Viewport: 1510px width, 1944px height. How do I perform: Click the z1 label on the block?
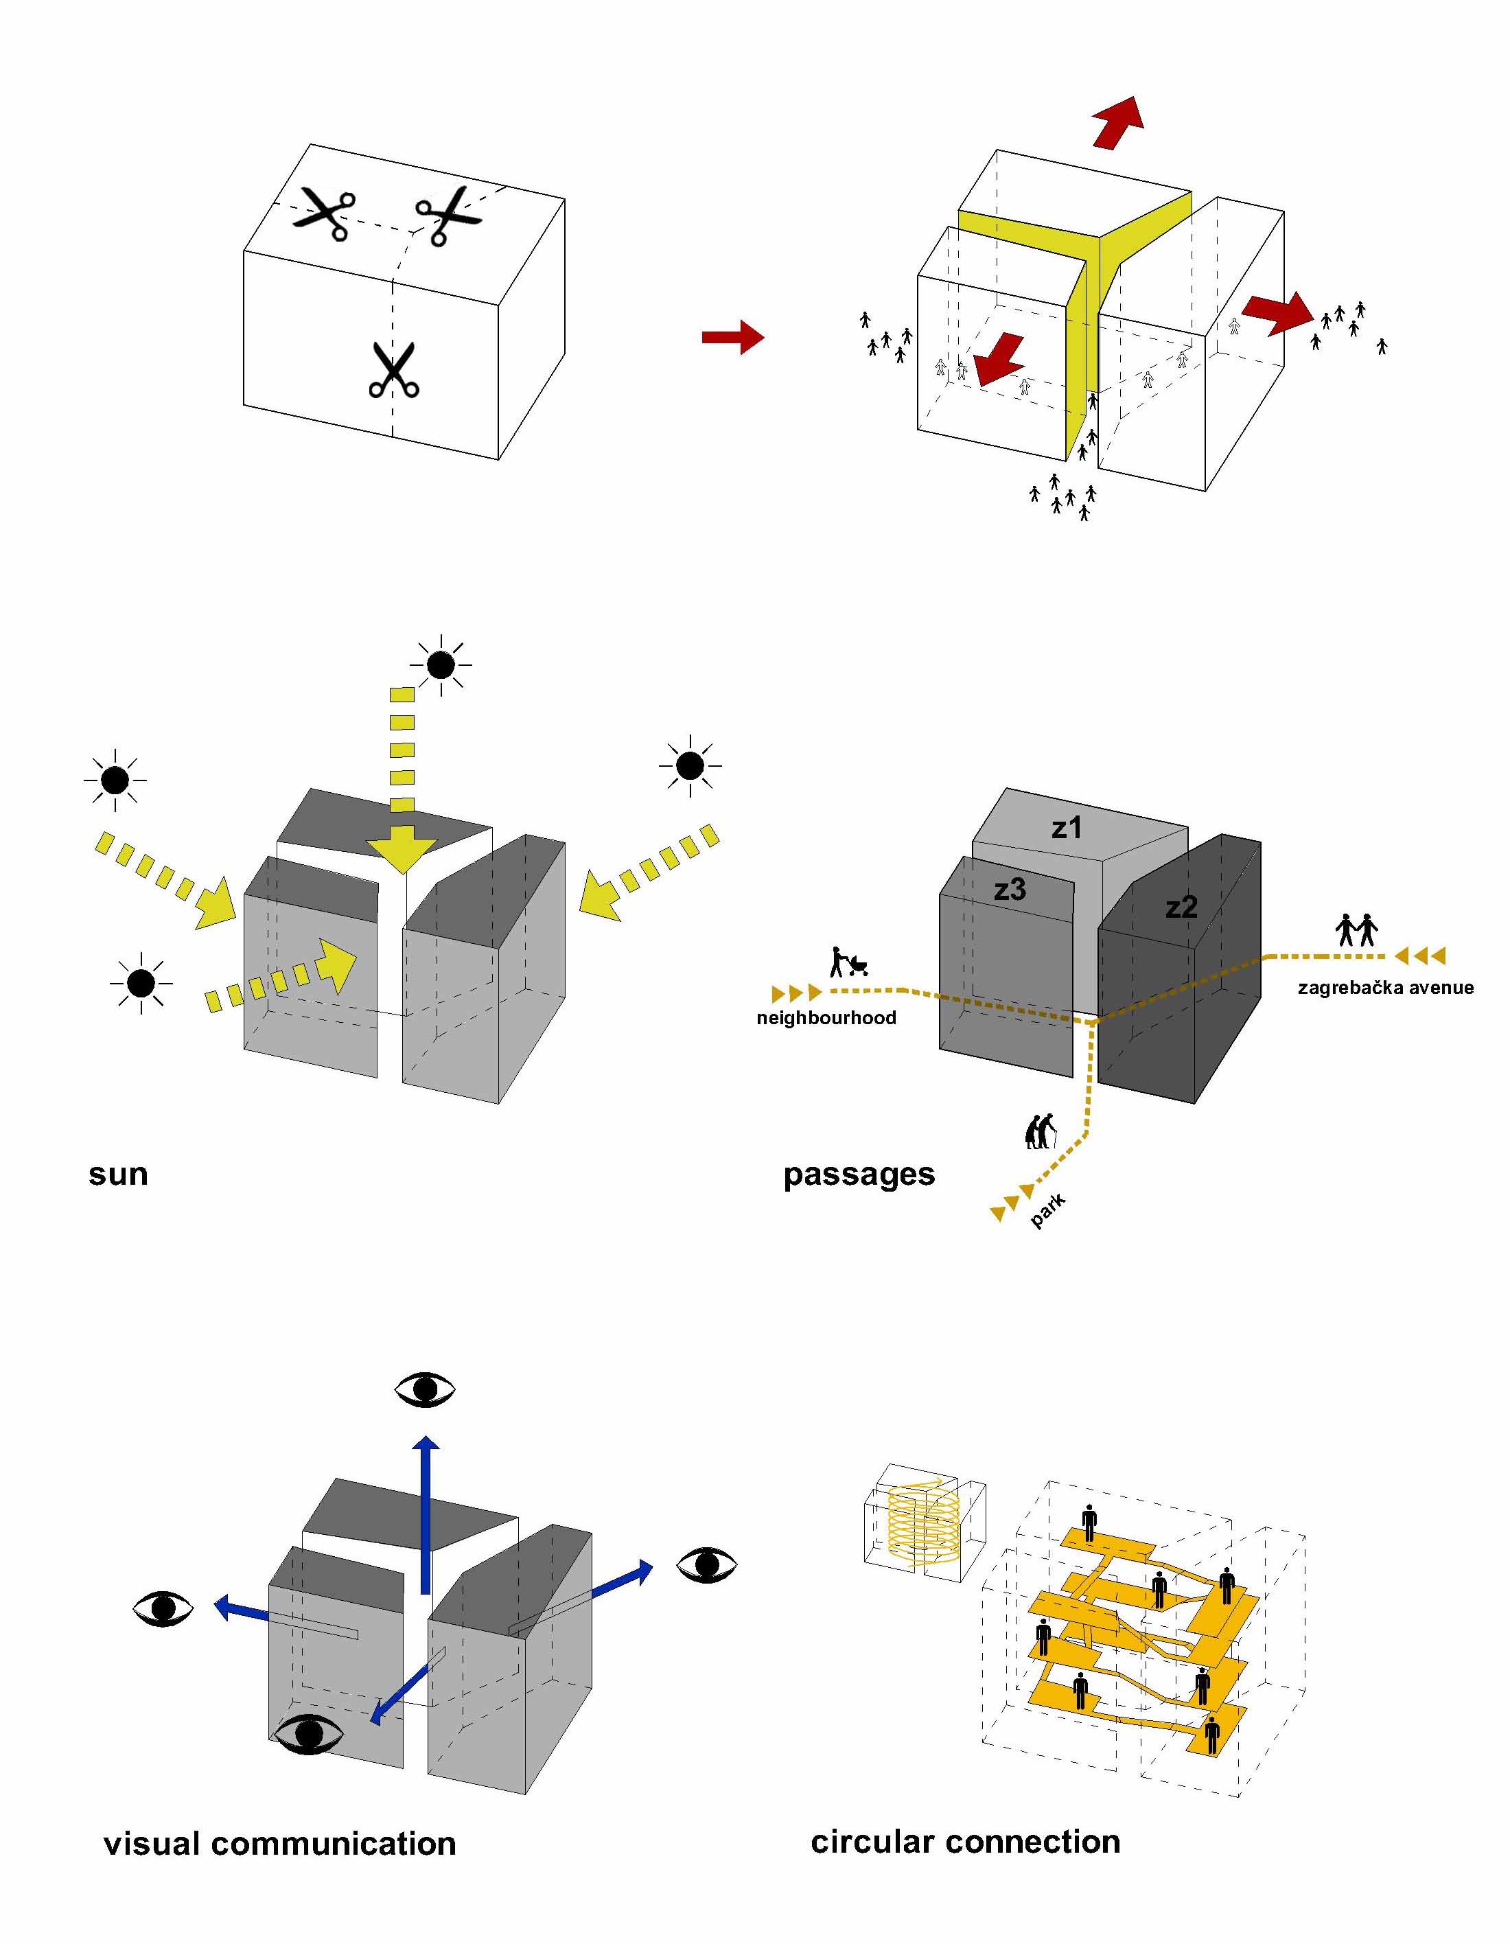[x=1066, y=828]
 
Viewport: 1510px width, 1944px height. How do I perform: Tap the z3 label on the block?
[x=1010, y=888]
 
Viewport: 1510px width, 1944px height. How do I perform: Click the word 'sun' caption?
[x=118, y=1174]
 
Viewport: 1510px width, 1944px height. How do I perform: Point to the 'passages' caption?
[x=859, y=1175]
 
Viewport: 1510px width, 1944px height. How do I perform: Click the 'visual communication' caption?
[x=279, y=1843]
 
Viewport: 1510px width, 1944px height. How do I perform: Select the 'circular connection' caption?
[x=966, y=1842]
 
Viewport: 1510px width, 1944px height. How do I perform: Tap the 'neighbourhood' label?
[x=826, y=1018]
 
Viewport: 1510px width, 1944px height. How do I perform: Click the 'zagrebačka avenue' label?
[x=1386, y=987]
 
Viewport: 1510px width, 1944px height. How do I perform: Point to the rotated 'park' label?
[x=1047, y=1212]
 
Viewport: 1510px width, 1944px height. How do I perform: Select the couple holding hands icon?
[x=1357, y=930]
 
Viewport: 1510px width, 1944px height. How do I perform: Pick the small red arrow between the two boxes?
[x=732, y=337]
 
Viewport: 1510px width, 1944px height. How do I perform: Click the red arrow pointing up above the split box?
[x=1117, y=123]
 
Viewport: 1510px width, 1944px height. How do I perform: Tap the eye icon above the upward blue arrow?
[x=424, y=1389]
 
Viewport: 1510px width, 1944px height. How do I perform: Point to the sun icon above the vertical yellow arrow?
[x=441, y=664]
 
